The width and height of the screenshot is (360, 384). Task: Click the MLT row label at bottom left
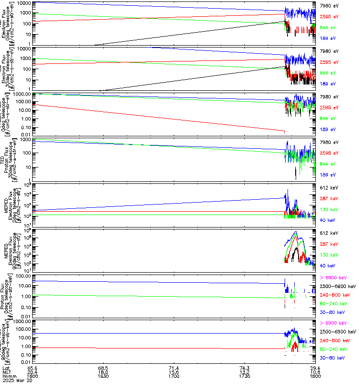[x=6, y=372]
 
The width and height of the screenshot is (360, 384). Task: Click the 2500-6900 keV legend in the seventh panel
[x=337, y=286]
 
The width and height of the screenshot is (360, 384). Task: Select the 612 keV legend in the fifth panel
[x=329, y=187]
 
